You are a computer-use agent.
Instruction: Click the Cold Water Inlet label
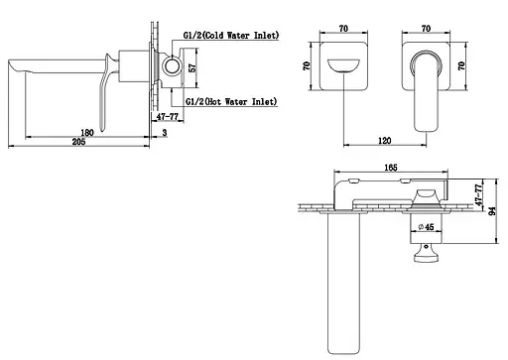pos(231,36)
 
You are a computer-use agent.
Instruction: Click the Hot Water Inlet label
pos(231,101)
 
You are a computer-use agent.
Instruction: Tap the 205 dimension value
pos(78,142)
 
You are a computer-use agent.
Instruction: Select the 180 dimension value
pos(87,133)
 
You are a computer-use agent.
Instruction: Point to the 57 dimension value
pos(191,67)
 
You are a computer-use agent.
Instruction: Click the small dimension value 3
pos(165,133)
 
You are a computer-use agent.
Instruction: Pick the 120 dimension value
pos(384,141)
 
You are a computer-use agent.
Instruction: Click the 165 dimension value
pos(391,168)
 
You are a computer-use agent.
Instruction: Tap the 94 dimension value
pos(492,211)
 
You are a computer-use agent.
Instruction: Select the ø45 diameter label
pos(426,227)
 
